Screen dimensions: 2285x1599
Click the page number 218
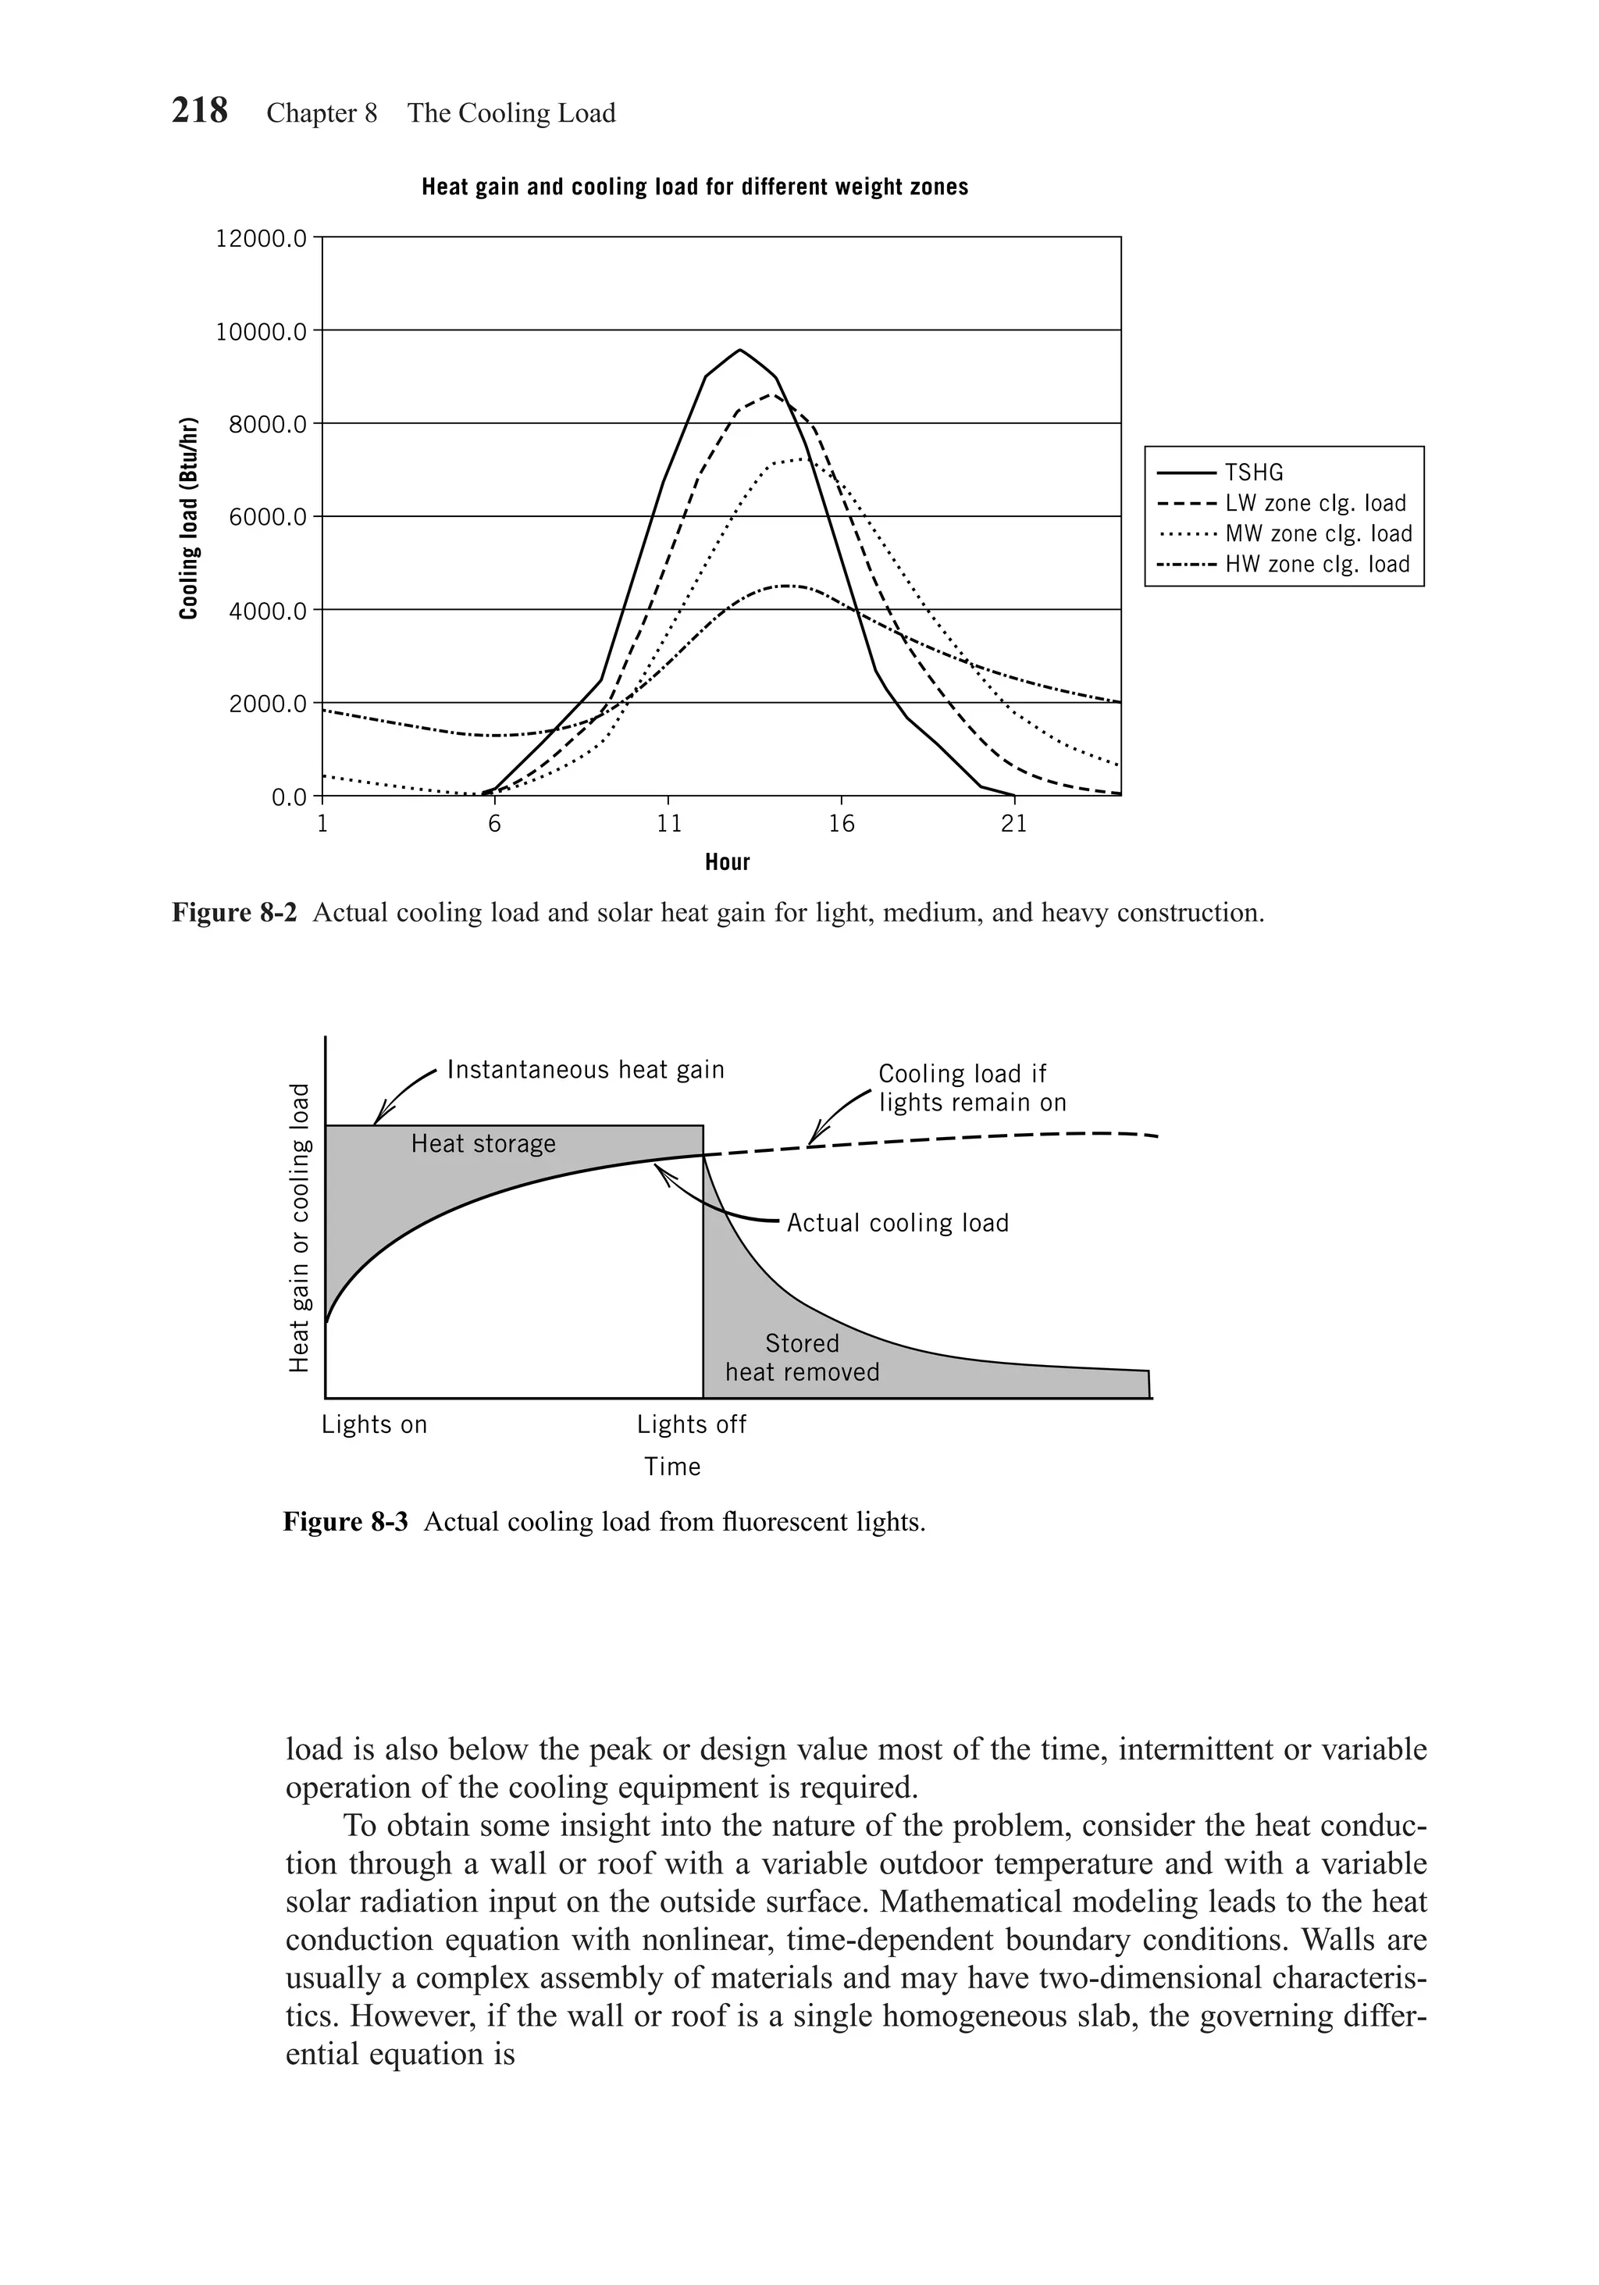tap(199, 110)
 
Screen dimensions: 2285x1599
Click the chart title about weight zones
tap(695, 187)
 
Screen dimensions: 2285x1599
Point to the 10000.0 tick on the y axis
tap(262, 330)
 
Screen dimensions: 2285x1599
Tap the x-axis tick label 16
tap(842, 824)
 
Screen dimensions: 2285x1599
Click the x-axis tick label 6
tap(494, 824)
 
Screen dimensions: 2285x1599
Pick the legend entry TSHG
tap(1254, 472)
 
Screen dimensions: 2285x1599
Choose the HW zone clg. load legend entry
tap(1316, 565)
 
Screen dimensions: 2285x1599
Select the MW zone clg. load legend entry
tap(1317, 533)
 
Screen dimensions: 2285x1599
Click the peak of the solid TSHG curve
tap(739, 351)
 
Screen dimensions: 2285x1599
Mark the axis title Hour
tap(728, 862)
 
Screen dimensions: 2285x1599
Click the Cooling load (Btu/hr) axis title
tap(188, 519)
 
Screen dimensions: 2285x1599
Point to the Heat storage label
tap(483, 1143)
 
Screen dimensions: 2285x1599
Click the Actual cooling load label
tap(898, 1223)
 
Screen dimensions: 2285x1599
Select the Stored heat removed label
tap(802, 1357)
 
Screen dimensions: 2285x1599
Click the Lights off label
tap(692, 1424)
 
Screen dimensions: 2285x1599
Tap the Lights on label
tap(374, 1424)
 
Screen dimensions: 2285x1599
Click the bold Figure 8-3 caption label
tap(345, 1522)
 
